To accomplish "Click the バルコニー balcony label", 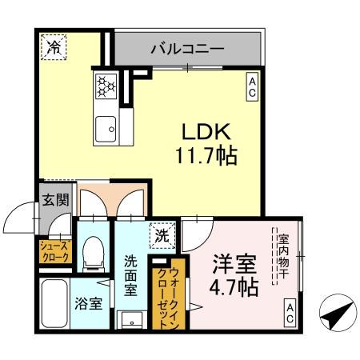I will [x=187, y=50].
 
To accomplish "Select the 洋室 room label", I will [x=234, y=263].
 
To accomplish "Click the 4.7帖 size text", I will [x=234, y=285].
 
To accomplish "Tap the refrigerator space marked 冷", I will [x=54, y=47].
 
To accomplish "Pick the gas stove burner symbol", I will [x=106, y=85].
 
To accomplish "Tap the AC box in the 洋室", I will [x=290, y=314].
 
